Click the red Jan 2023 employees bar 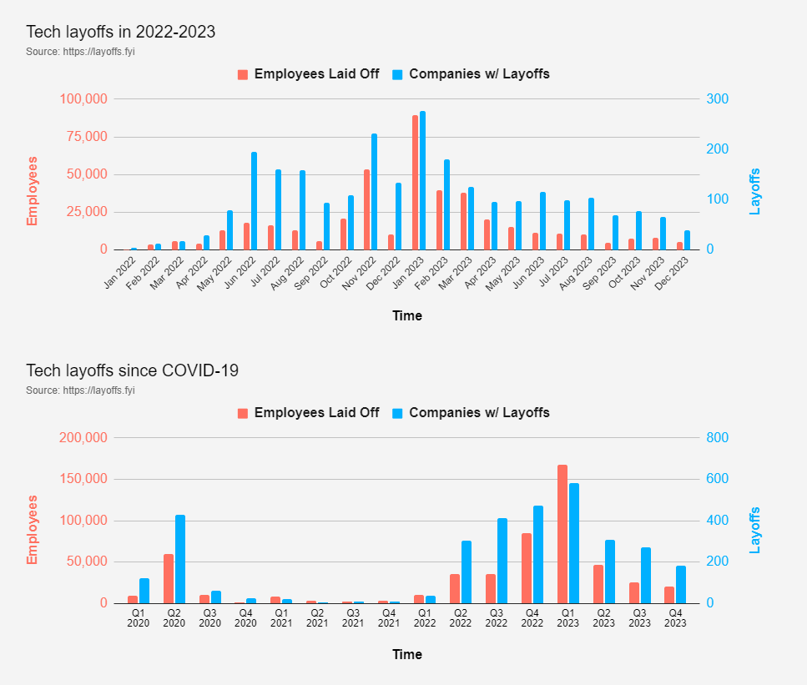(x=415, y=183)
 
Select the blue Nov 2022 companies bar (x=374, y=192)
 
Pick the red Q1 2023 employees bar (x=562, y=534)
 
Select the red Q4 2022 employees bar (x=527, y=568)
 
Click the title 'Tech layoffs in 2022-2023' (x=121, y=32)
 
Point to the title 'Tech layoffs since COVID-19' (x=132, y=370)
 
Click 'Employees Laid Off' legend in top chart (x=308, y=74)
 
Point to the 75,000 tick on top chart (x=83, y=137)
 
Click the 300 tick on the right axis (x=718, y=99)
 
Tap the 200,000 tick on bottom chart (x=80, y=438)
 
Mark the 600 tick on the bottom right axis (x=718, y=480)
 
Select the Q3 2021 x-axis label (x=353, y=617)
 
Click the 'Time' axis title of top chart (x=407, y=316)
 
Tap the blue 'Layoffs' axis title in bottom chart (x=755, y=530)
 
